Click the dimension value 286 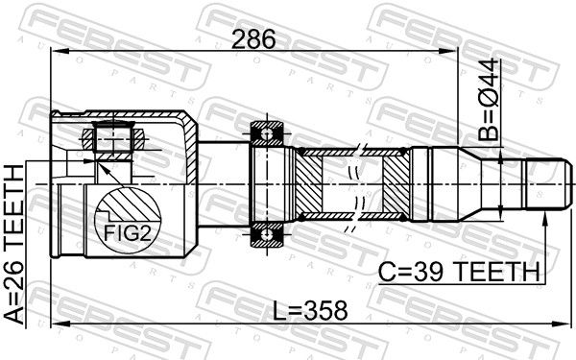[253, 39]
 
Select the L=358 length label [310, 310]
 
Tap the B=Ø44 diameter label [489, 100]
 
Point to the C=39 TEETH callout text [459, 273]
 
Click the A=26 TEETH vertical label [14, 245]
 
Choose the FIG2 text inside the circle [128, 233]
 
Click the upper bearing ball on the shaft [266, 133]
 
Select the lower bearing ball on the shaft [266, 234]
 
